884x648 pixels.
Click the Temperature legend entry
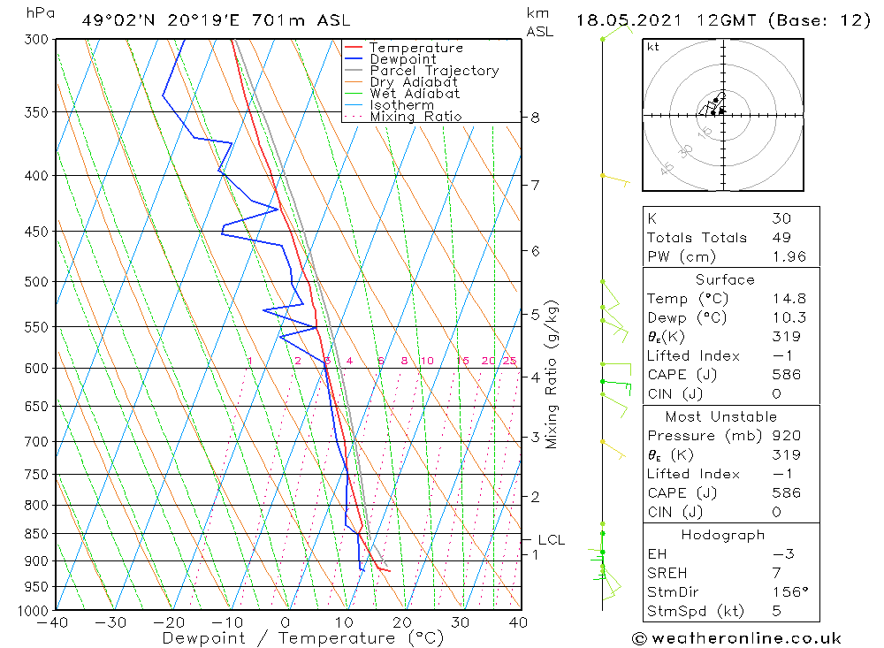click(x=415, y=48)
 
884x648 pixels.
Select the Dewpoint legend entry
click(x=402, y=59)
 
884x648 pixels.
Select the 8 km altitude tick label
click(x=535, y=117)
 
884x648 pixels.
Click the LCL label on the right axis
click(x=551, y=540)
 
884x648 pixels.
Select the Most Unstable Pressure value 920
click(x=786, y=436)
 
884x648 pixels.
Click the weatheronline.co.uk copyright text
click(x=736, y=637)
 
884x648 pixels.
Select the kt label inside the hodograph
click(x=653, y=47)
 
